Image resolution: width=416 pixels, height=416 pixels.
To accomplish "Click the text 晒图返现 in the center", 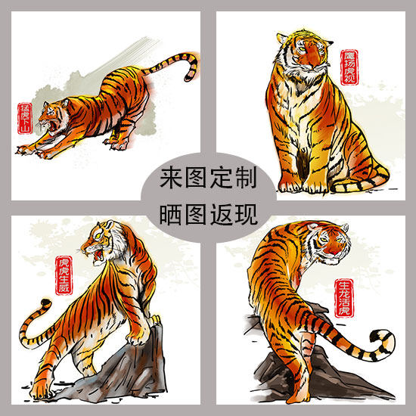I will [208, 215].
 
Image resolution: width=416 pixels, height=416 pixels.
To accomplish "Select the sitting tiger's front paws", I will [303, 182].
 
